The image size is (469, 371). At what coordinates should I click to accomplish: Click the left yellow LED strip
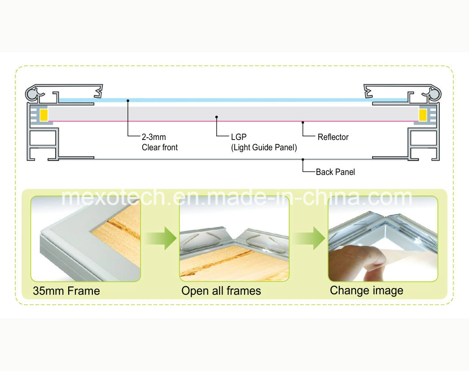44,115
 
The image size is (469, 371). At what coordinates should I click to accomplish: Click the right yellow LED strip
423,115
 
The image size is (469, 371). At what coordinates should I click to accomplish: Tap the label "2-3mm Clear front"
160,142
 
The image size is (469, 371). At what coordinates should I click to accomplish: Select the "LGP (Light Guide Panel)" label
264,142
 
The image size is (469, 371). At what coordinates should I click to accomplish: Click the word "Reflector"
333,137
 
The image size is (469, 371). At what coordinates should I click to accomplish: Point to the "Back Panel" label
335,172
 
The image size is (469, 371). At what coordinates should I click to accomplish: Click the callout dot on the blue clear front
128,101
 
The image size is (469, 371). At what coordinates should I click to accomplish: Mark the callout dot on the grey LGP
217,117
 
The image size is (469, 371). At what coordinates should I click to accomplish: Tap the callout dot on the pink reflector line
302,122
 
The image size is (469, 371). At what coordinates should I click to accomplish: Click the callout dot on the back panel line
302,160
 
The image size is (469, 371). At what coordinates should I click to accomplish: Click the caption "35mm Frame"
66,291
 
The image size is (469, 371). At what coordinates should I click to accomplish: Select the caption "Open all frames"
221,291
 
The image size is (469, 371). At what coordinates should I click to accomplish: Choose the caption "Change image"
366,291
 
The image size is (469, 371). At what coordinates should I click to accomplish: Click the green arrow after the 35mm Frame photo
162,238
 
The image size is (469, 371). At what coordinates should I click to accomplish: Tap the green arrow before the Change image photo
310,238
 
